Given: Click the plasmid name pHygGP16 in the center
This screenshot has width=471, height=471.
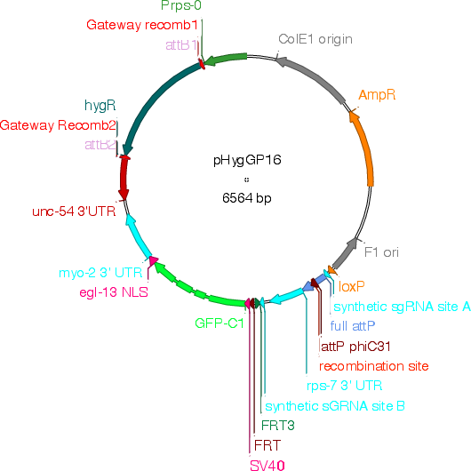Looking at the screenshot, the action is click(x=247, y=160).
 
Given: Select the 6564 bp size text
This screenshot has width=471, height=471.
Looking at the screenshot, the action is click(x=247, y=198).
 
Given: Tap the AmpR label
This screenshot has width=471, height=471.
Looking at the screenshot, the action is click(x=377, y=95).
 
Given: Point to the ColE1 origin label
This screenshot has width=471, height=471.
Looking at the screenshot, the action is click(x=315, y=39).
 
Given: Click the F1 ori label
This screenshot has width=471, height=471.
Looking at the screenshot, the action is click(x=381, y=252).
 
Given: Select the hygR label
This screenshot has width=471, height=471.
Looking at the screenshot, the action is click(x=100, y=106).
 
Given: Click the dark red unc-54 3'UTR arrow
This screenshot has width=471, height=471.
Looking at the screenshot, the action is click(x=124, y=178).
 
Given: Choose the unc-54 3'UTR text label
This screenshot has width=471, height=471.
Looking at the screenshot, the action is click(x=74, y=212).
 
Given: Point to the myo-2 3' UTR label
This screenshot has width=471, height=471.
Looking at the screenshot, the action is click(x=100, y=273).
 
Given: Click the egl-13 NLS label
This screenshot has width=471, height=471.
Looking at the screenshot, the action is click(x=114, y=292).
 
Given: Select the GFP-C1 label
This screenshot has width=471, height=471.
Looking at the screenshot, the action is click(x=220, y=323).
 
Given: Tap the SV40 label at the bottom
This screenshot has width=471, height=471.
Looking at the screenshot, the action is click(x=267, y=466).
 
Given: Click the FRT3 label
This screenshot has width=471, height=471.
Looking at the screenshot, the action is click(x=278, y=426).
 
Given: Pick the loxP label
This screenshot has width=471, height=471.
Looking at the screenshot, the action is click(x=351, y=287).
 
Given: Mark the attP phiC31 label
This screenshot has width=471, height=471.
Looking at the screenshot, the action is click(x=356, y=347).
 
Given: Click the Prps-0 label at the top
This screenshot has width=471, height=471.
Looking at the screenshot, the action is click(x=181, y=5).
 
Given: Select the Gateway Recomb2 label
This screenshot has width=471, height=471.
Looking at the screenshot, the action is click(x=58, y=125).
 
